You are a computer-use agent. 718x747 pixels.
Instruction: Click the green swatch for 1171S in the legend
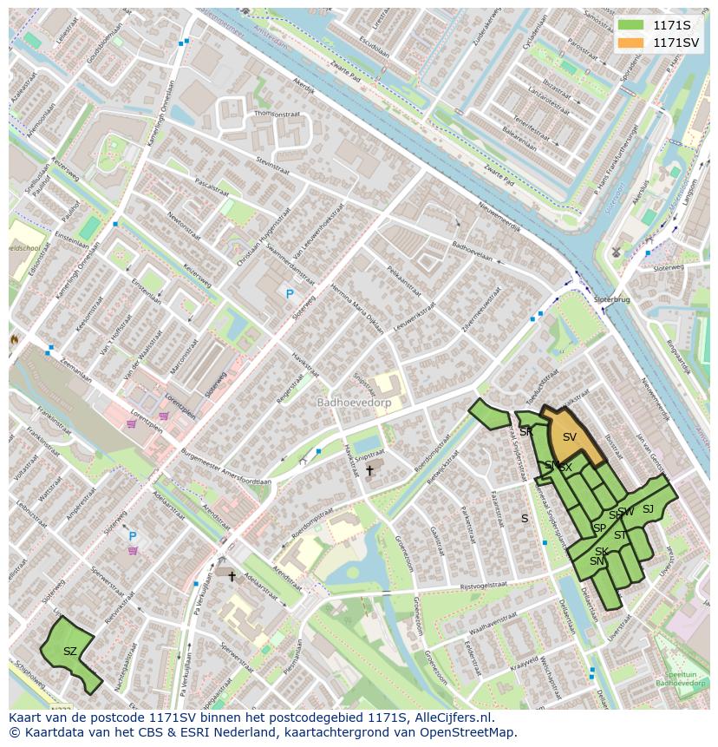[630, 25]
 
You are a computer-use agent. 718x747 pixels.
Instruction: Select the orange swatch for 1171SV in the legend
[630, 43]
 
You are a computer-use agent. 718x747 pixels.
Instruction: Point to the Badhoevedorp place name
[354, 403]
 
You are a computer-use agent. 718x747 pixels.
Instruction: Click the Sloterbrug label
[612, 298]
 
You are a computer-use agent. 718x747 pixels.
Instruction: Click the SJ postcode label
[648, 509]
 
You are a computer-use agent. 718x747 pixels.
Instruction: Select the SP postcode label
[599, 527]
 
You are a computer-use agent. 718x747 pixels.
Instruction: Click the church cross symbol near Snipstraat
[369, 470]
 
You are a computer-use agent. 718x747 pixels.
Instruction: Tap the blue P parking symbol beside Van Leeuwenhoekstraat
[290, 294]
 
